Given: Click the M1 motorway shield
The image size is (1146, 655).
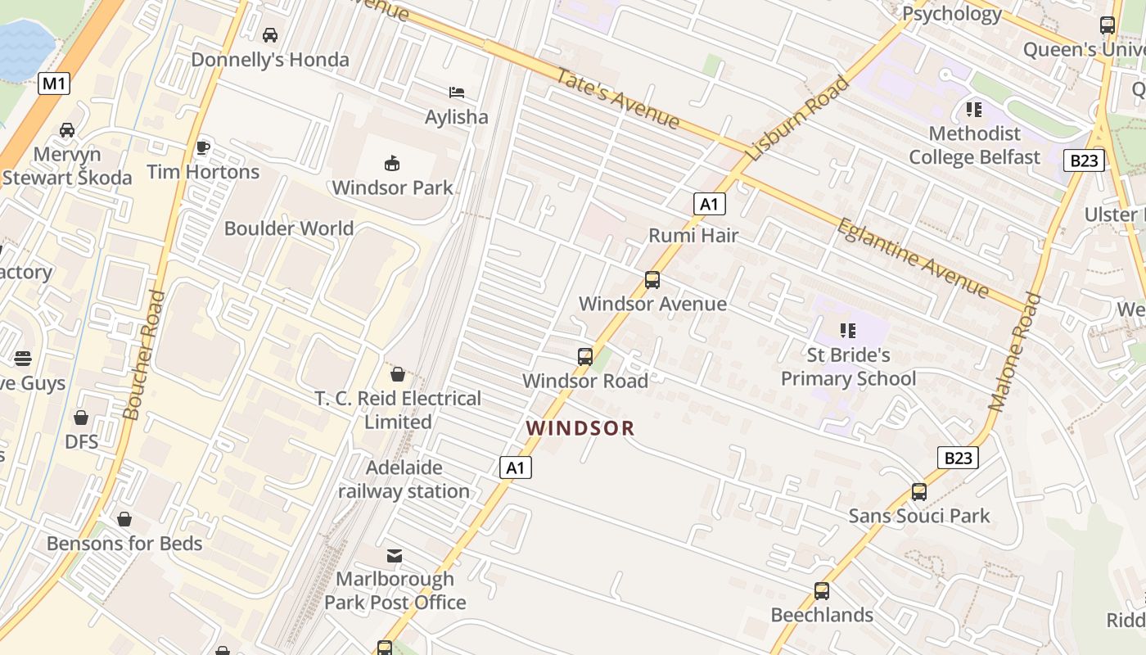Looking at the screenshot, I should tap(53, 83).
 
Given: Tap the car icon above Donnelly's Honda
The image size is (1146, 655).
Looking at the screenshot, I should tap(269, 35).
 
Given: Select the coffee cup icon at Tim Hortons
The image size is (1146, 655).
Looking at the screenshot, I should tap(202, 147).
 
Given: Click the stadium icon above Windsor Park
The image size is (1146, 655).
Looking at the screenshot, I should tap(392, 163).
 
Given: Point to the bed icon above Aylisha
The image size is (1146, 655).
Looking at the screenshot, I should tap(456, 93).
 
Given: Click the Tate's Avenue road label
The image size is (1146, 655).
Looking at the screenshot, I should tap(618, 98).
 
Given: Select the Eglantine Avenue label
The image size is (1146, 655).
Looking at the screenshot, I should tap(913, 258).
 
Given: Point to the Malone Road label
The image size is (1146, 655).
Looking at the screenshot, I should tap(1014, 352).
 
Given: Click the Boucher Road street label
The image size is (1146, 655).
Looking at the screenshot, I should tap(143, 355).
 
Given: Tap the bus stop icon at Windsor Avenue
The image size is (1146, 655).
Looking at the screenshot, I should tap(652, 280).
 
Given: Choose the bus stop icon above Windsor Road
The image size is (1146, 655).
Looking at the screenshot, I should tap(584, 357).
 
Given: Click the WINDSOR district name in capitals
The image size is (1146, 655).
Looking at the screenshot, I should tap(580, 428).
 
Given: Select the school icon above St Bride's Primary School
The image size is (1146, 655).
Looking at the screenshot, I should tap(848, 331).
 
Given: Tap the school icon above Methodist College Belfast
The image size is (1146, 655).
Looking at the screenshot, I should tap(973, 109).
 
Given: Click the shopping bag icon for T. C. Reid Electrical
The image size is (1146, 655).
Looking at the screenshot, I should tap(398, 374).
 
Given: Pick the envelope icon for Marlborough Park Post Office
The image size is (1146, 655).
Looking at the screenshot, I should tap(395, 556).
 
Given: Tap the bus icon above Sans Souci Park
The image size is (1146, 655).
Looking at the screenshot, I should tap(919, 492).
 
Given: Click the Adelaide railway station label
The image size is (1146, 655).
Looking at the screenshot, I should tap(404, 479).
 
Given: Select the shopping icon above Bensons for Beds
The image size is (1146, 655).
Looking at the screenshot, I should tap(124, 519).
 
